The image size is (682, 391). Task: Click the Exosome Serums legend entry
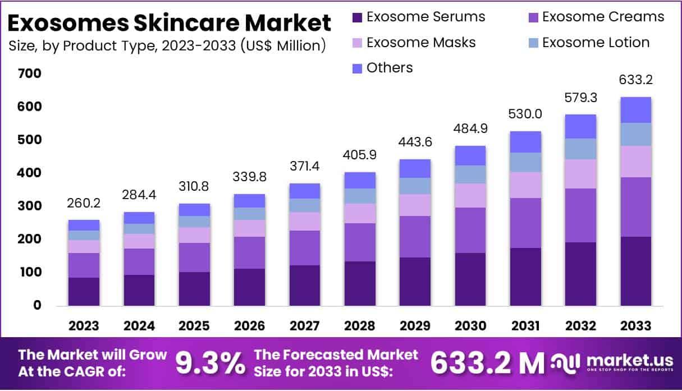coord(419,17)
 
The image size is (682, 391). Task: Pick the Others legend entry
coord(382,68)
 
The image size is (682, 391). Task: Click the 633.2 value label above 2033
coord(635,80)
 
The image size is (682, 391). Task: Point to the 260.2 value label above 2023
coord(84,201)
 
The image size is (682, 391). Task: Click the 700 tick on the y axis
coord(29,73)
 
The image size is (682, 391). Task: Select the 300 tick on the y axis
coord(29,206)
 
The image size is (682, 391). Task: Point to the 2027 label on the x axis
coord(305,326)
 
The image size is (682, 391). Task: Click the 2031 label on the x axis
coord(525,326)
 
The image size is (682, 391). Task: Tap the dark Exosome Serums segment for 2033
coord(635,271)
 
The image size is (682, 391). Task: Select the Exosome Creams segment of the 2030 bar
coord(470,230)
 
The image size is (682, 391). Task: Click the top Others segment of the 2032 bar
coord(580,126)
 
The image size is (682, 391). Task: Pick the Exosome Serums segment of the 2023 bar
coord(84,291)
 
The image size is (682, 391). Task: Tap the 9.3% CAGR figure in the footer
coord(210,363)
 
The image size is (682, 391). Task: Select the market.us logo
coord(611,363)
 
